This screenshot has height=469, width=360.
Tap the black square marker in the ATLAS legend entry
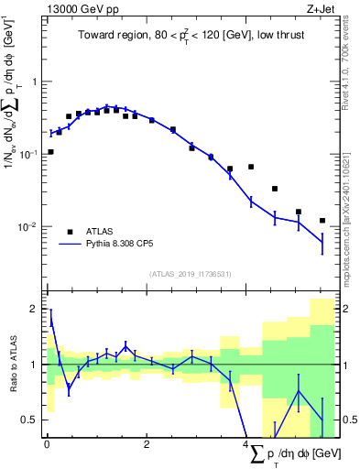(x=69, y=231)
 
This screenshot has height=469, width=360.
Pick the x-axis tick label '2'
(x=147, y=446)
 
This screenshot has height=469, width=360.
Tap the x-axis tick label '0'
(x=47, y=446)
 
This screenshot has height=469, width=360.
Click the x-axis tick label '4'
(x=247, y=446)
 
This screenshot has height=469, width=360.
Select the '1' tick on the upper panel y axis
(x=35, y=82)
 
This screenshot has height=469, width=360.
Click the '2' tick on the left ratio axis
(x=35, y=310)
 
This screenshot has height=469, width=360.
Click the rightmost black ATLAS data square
(x=322, y=221)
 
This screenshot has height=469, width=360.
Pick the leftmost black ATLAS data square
(x=50, y=152)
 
